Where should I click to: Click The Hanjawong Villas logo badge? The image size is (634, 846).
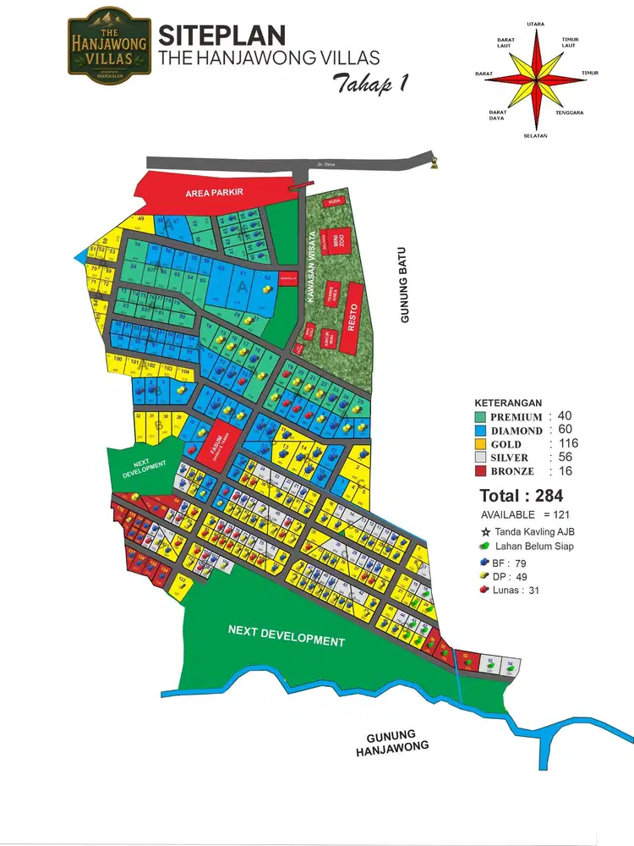point(108,47)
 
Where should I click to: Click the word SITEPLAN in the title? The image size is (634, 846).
point(222,36)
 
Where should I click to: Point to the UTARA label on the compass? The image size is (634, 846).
point(535,25)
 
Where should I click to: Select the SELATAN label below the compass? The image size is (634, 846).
point(535,135)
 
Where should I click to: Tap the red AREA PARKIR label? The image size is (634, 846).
point(215,193)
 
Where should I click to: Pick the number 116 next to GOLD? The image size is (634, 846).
point(564,443)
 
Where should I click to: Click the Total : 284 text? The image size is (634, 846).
point(522,496)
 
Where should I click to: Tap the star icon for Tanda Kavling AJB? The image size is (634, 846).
point(487,530)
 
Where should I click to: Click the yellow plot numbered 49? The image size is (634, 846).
point(141,220)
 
